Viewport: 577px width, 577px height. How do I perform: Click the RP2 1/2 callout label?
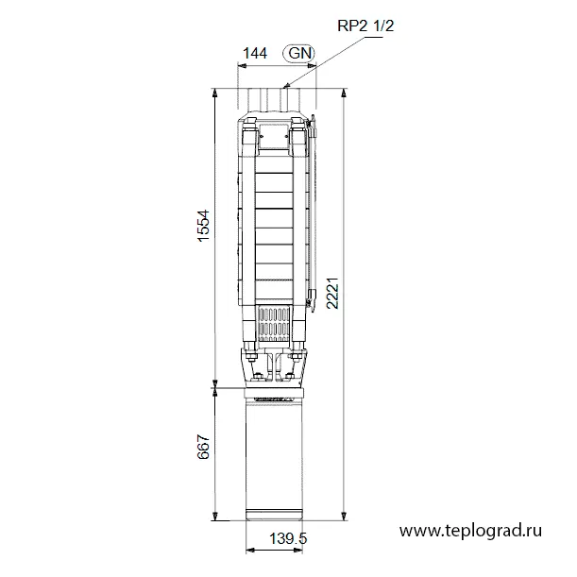pyautogui.click(x=365, y=25)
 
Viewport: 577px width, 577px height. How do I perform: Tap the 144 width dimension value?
pyautogui.click(x=255, y=54)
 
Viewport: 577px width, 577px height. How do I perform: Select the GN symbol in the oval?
pyautogui.click(x=299, y=53)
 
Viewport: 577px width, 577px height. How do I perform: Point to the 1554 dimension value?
pyautogui.click(x=203, y=226)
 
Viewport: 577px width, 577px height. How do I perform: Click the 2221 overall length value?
pyautogui.click(x=332, y=293)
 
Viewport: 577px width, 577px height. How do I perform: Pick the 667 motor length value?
pyautogui.click(x=203, y=447)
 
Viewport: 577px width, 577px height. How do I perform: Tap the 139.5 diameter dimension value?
pyautogui.click(x=288, y=538)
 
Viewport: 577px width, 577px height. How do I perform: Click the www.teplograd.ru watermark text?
pyautogui.click(x=470, y=531)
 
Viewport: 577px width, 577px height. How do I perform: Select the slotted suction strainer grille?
pyautogui.click(x=274, y=324)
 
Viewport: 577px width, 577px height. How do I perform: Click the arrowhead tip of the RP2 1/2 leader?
pyautogui.click(x=283, y=88)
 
